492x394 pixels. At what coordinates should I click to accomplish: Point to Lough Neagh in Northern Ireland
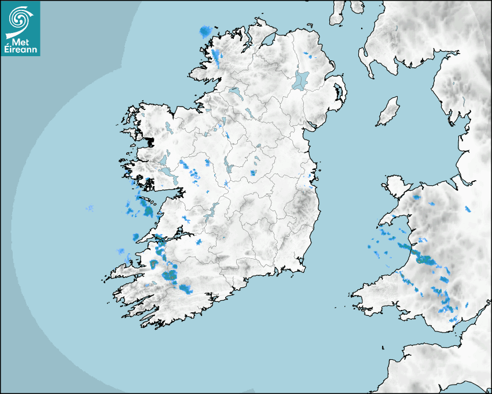click(x=300, y=79)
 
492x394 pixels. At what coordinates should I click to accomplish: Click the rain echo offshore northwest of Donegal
click(x=205, y=31)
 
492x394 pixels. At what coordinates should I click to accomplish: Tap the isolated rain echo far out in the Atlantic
click(x=90, y=208)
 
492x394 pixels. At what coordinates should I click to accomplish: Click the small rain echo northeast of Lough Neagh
click(x=308, y=56)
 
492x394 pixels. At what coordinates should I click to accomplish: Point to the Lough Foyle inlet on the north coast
click(x=267, y=41)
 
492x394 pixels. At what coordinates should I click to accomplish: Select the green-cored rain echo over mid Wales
click(x=425, y=260)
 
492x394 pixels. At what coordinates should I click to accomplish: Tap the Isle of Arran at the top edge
click(x=337, y=13)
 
